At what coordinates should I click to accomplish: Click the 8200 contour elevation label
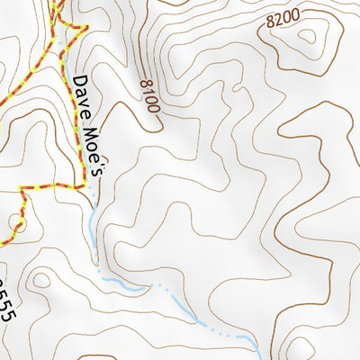coord(283,19)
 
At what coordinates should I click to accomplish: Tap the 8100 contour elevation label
coord(149,96)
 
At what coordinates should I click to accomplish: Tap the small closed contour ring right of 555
coord(40,280)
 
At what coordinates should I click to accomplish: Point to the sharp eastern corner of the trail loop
coord(87,28)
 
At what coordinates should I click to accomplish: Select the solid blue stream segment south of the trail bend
coord(94,225)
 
